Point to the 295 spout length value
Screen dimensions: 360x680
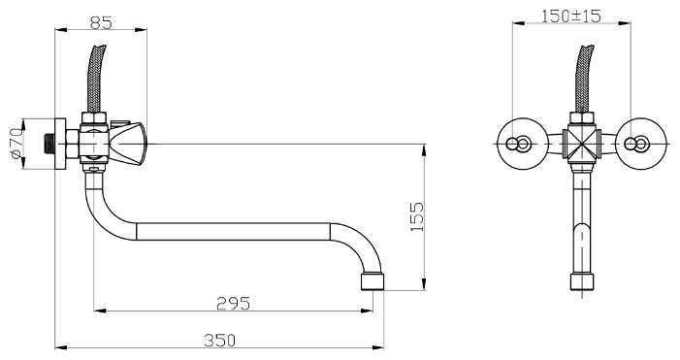pyautogui.click(x=232, y=303)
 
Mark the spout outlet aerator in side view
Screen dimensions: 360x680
pyautogui.click(x=372, y=282)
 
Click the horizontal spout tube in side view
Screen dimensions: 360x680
pyautogui.click(x=233, y=233)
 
